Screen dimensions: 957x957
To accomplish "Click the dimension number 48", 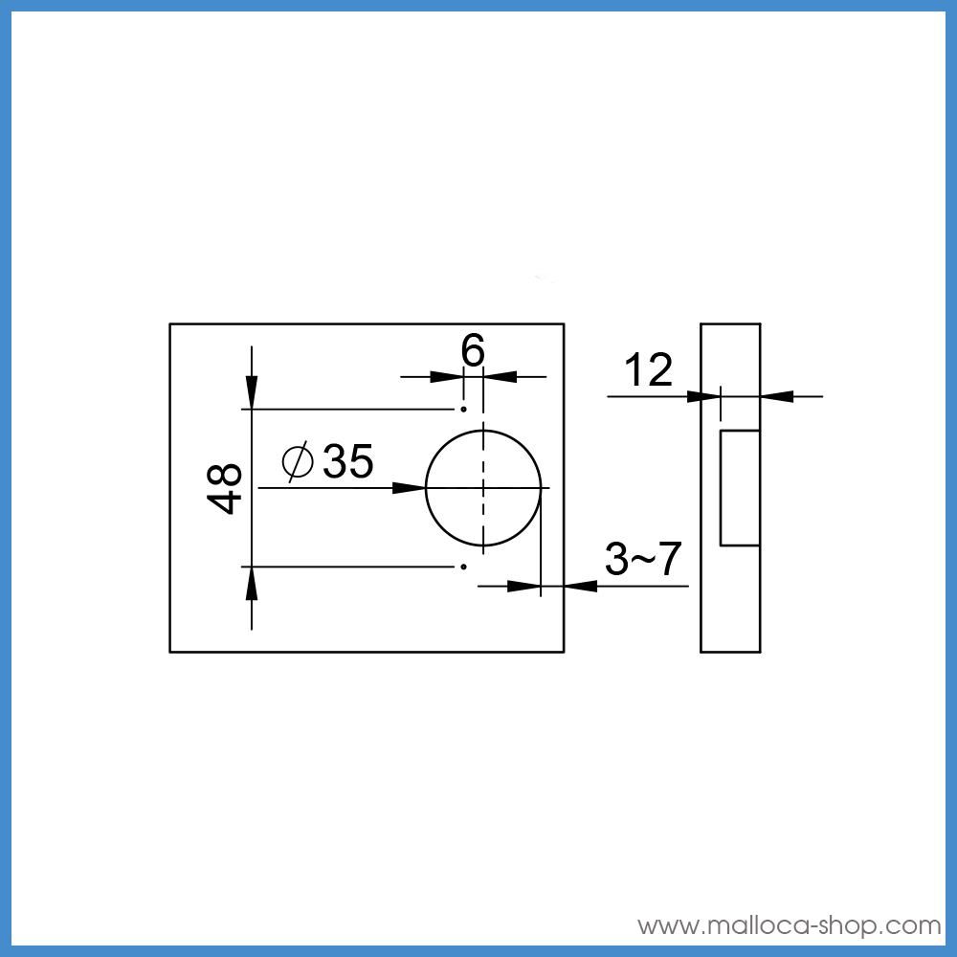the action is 225,489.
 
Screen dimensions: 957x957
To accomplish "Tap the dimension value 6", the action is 473,350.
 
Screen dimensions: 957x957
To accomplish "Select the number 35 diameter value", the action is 348,461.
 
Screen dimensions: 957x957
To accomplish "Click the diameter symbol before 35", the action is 298,462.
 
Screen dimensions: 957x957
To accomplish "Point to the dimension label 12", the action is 648,369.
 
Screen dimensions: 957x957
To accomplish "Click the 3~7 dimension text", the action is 643,559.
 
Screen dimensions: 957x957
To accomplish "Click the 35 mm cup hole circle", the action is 426,488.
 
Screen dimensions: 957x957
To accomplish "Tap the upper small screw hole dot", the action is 464,409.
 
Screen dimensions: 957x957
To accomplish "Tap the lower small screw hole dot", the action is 464,567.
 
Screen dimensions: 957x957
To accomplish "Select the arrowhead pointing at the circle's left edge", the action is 409,488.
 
